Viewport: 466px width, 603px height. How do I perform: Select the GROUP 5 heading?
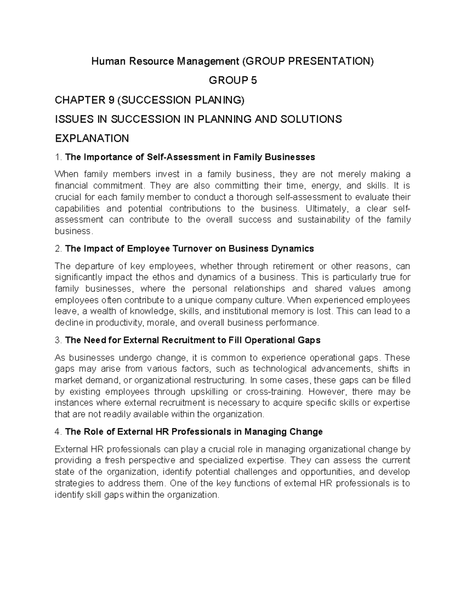[x=233, y=80]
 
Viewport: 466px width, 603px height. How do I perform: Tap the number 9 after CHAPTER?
[x=111, y=100]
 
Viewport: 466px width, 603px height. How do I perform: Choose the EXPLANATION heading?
[x=92, y=138]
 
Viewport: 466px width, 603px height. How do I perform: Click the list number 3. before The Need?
[x=58, y=341]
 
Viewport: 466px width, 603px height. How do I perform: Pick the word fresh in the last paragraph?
[x=118, y=461]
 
